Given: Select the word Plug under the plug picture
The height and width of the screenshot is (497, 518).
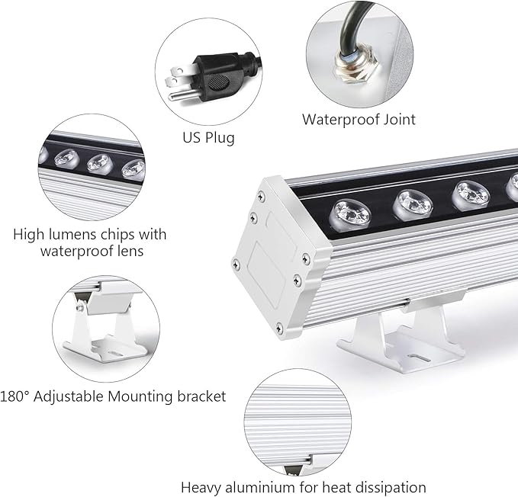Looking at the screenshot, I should (220, 138).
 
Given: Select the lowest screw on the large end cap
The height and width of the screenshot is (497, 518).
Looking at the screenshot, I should (279, 328).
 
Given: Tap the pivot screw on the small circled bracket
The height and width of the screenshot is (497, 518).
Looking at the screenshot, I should (78, 306).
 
